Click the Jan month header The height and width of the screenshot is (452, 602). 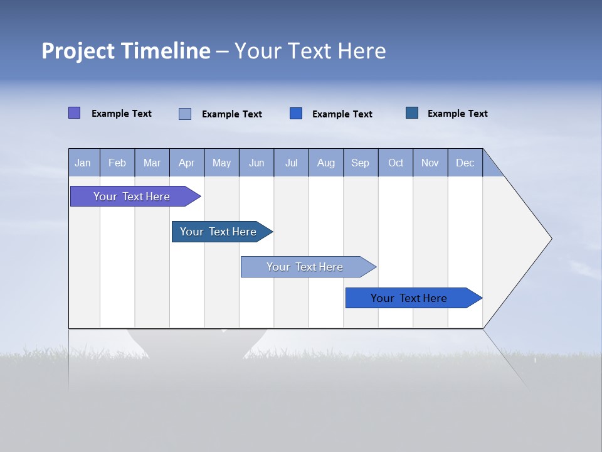[x=83, y=163]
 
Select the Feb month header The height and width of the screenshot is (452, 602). [x=117, y=163]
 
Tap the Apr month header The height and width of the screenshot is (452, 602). [x=187, y=163]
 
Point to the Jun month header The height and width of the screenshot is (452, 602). [x=256, y=163]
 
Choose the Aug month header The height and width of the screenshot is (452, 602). [x=326, y=163]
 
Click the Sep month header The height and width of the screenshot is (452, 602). [x=361, y=163]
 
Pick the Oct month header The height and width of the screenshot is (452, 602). [x=396, y=163]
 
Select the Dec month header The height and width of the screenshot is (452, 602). [x=465, y=163]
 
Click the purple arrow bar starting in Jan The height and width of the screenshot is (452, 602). [x=132, y=196]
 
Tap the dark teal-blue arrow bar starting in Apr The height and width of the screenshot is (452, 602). [x=218, y=232]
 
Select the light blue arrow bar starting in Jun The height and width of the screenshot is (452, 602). [x=305, y=267]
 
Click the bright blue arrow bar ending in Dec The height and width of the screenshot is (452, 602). [x=409, y=298]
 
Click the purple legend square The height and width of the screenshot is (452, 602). [x=74, y=113]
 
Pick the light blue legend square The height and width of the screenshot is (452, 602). [x=185, y=114]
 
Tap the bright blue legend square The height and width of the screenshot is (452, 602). [x=296, y=113]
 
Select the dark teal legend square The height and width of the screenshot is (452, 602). [x=412, y=112]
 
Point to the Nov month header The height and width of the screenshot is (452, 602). [x=430, y=163]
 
